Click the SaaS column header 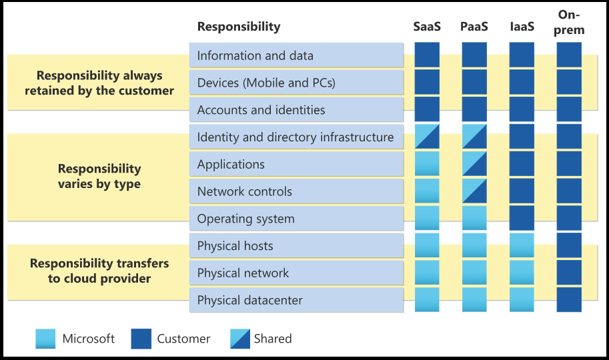pos(427,27)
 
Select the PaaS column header pos(474,27)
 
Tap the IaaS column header pos(522,27)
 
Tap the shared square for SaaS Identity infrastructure pos(427,137)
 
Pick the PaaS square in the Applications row pos(474,164)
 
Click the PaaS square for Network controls pos(474,191)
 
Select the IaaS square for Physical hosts pos(522,245)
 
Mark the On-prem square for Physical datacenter pos(569,300)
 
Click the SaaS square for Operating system pos(427,219)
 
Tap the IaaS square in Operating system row pos(522,219)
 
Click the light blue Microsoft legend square pos(45,339)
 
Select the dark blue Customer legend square pos(141,339)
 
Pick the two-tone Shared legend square pos(239,339)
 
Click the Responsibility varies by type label pos(99,176)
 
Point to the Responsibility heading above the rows pos(239,27)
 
